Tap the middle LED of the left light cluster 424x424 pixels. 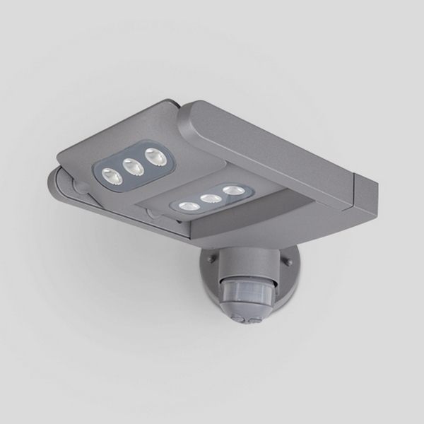coord(130,167)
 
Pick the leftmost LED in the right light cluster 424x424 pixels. coord(187,206)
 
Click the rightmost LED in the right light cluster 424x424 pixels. coord(232,190)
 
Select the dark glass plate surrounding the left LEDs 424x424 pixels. coord(131,170)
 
